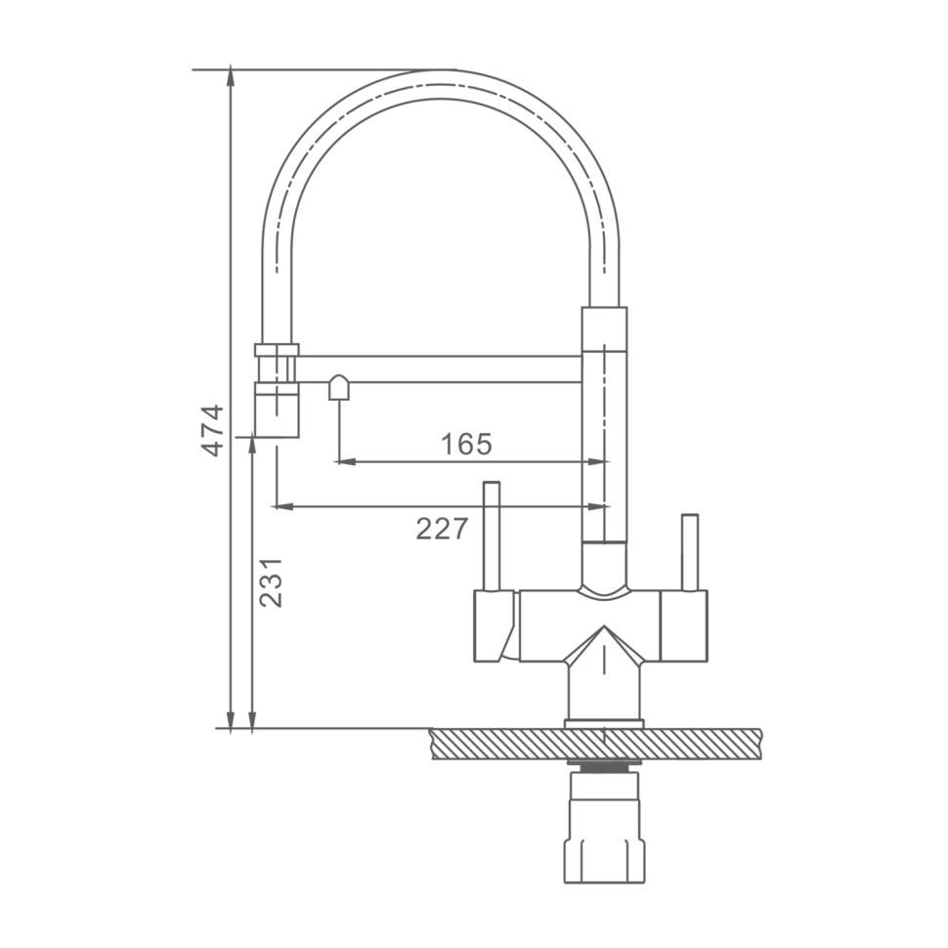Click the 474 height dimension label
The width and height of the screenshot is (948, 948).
213,430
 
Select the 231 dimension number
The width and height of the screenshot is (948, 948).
271,582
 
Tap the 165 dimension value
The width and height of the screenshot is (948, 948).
467,445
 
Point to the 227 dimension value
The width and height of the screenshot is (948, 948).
442,529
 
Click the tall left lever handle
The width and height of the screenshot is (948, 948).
491,536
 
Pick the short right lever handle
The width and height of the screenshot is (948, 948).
690,552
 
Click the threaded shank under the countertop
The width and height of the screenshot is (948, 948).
604,766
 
